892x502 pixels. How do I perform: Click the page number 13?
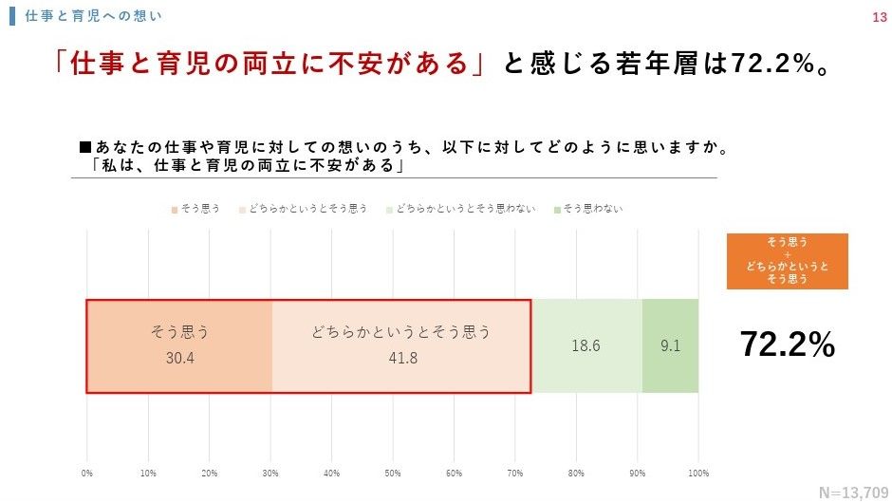pos(878,17)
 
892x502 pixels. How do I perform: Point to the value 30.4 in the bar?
pos(179,358)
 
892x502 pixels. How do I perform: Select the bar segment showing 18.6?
pos(585,346)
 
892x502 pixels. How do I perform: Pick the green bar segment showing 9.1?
pos(670,346)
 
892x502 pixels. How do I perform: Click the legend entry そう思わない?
pos(592,208)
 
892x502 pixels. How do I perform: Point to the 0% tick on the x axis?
pos(87,473)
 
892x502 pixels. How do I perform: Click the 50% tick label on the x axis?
pos(393,473)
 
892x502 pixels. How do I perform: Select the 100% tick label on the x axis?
pos(698,473)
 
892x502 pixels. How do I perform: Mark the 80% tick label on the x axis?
pos(576,473)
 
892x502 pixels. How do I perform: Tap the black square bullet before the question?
pos(85,148)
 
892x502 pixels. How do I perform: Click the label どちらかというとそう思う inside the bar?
pos(401,332)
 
